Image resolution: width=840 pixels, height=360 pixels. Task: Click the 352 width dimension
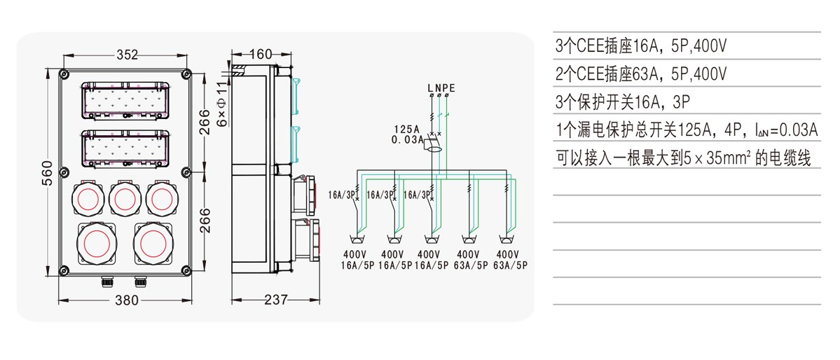click(x=127, y=55)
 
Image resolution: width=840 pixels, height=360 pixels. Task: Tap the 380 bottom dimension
click(x=127, y=300)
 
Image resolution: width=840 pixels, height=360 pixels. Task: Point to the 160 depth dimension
click(x=261, y=53)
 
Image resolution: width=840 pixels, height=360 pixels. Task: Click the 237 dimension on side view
click(x=276, y=300)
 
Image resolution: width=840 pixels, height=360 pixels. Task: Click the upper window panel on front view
click(x=125, y=100)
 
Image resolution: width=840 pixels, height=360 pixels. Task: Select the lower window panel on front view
click(x=125, y=148)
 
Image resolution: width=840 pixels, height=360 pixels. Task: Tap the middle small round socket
click(x=125, y=199)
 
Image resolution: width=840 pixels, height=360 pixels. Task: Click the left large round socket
click(x=97, y=244)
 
